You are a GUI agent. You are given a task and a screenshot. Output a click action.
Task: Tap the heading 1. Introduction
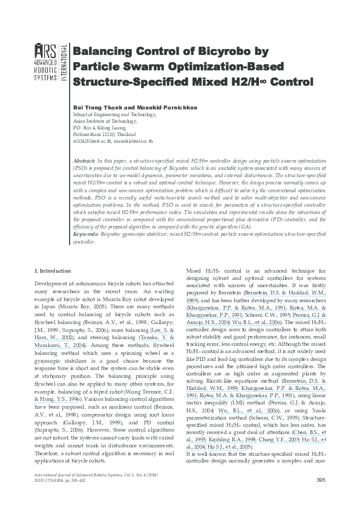point(53,271)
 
